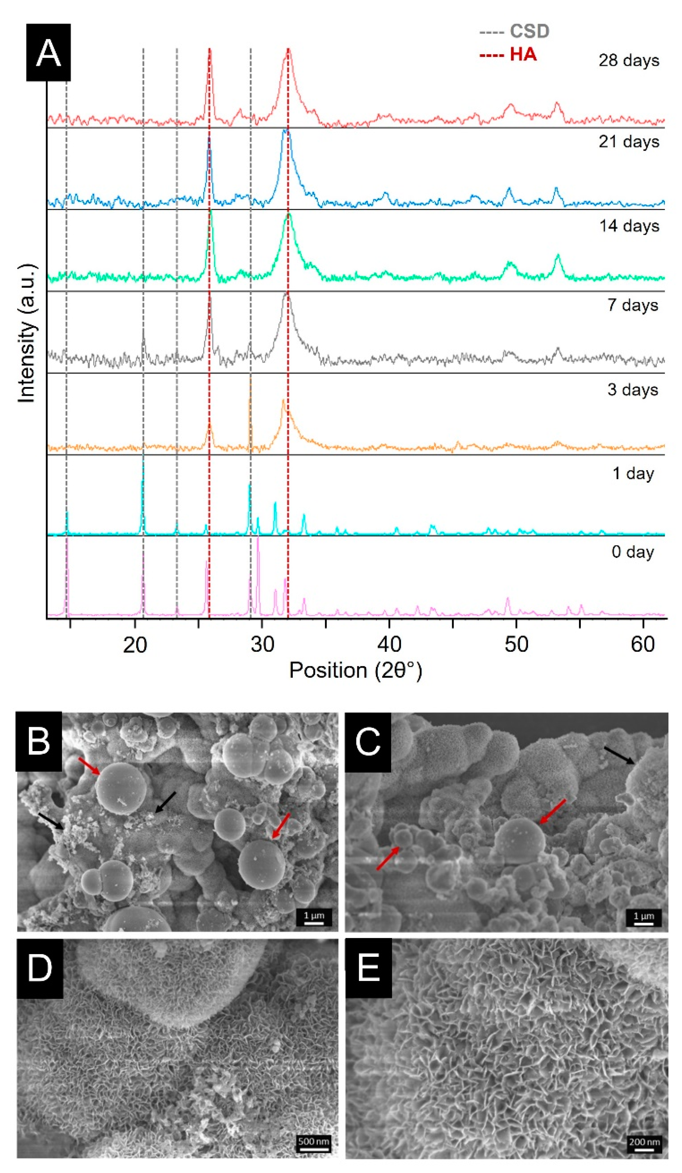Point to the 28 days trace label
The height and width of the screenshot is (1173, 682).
point(628,61)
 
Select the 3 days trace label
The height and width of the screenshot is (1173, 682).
point(632,390)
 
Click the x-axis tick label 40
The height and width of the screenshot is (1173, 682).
point(389,645)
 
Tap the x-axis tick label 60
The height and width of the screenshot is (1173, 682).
point(643,645)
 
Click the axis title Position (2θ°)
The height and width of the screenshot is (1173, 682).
point(356,671)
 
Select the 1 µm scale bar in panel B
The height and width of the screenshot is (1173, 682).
point(314,917)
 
